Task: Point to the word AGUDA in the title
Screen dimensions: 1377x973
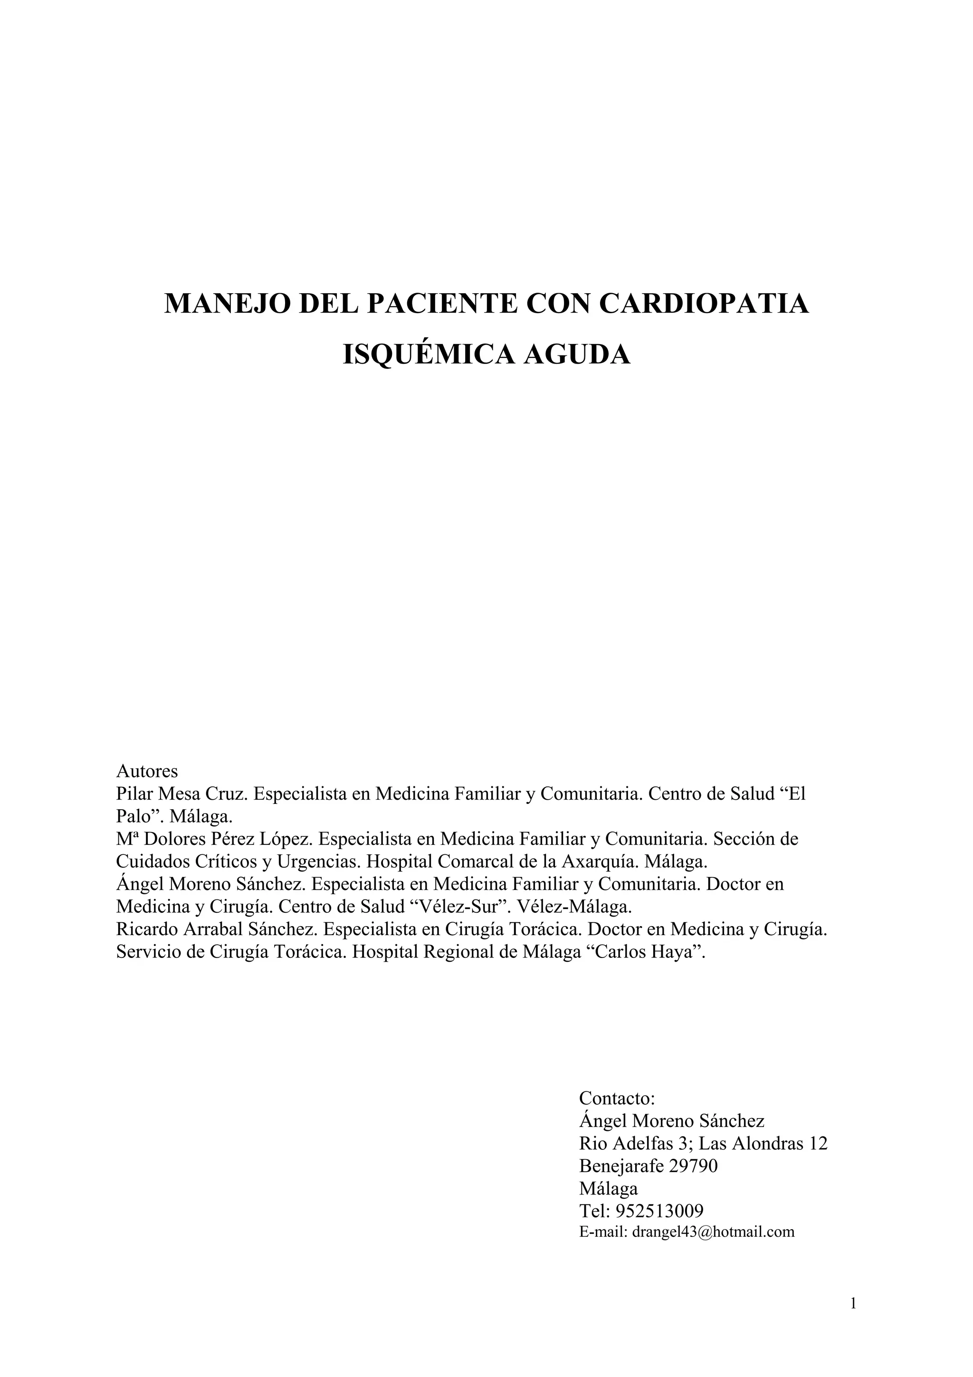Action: tap(577, 354)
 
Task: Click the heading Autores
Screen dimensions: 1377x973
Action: tap(147, 771)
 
